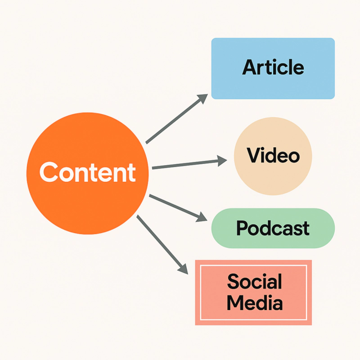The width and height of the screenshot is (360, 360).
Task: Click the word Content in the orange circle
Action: point(87,172)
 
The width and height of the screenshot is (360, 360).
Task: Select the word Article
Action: point(273,67)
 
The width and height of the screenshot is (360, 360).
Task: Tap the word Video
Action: point(273,156)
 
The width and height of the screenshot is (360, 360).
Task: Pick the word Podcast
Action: point(273,228)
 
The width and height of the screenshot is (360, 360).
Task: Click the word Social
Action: point(254,282)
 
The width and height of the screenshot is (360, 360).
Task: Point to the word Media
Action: point(254,303)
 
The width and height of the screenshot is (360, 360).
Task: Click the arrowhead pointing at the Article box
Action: point(203,98)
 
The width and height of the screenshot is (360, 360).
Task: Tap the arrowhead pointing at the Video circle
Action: point(222,161)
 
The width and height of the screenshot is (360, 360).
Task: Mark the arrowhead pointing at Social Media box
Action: point(183,268)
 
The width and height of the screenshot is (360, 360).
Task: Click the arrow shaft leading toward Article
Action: point(173,121)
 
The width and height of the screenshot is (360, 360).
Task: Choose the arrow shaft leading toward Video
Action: point(184,164)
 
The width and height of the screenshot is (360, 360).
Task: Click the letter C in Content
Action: point(48,172)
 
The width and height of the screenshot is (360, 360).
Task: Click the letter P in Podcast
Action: point(242,228)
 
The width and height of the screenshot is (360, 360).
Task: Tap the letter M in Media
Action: point(236,303)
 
